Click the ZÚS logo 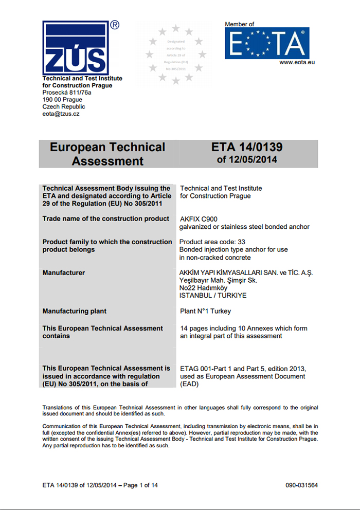coord(76,47)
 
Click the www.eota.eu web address coord(297,62)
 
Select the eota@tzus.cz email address coord(61,114)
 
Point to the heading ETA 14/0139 coord(247,148)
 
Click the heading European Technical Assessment coord(107,154)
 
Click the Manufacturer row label coord(64,272)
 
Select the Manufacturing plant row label coord(75,311)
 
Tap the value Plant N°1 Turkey coord(206,311)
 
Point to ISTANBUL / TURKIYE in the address coord(212,296)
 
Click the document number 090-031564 coord(302,485)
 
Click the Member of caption coord(239,24)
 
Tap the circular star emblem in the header coord(175,54)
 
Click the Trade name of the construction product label coord(106,219)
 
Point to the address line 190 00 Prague coord(62,100)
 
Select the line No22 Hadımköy coord(203,288)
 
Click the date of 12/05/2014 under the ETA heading coord(247,160)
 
